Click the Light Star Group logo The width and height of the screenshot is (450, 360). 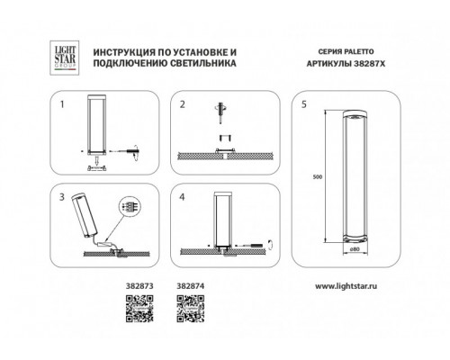click(65, 58)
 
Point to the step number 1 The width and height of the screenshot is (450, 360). click(62, 104)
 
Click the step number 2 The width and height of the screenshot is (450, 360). click(183, 104)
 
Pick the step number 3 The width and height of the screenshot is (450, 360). click(62, 197)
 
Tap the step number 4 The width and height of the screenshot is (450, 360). click(182, 197)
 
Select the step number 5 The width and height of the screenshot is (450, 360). click(304, 104)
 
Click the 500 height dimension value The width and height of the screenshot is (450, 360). click(318, 176)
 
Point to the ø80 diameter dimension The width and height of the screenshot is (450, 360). click(355, 248)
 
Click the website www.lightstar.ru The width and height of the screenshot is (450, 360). click(346, 286)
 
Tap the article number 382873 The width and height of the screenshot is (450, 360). click(139, 286)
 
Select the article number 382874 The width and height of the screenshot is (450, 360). click(191, 286)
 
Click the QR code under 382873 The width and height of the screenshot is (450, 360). click(139, 309)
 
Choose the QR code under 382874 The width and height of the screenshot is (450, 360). click(191, 309)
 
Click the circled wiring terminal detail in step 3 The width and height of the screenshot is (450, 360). click(130, 206)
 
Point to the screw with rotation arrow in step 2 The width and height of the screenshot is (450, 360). click(221, 112)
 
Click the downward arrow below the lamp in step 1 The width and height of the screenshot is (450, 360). click(96, 161)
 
